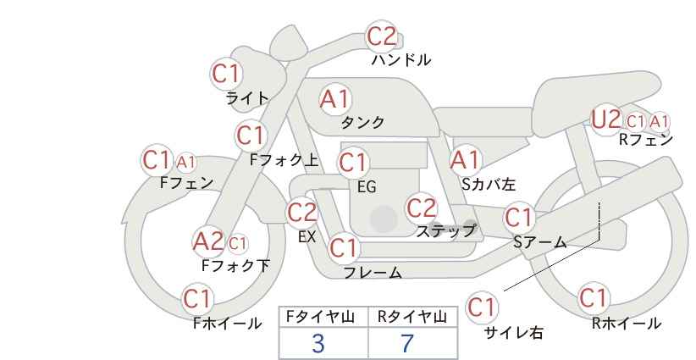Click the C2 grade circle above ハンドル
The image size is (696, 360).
point(381,36)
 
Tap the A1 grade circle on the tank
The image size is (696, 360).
point(334,99)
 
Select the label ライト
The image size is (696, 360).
point(246,98)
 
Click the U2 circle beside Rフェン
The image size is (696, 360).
point(606,119)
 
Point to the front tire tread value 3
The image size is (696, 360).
point(318,343)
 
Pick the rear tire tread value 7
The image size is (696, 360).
point(407,343)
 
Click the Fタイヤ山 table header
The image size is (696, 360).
point(319,317)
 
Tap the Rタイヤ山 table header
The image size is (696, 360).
point(412,317)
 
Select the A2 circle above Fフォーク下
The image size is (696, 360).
point(207,242)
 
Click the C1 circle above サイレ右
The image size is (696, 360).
point(482,307)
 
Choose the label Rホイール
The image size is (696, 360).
point(626,323)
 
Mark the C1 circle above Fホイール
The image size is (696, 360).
point(198,299)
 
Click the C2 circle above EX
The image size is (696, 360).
point(302,212)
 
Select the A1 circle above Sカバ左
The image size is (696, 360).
point(465,159)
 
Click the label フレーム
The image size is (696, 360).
point(372,273)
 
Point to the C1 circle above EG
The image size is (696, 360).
point(353,161)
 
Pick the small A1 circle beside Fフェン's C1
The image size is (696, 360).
point(186,161)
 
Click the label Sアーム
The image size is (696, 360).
point(539,242)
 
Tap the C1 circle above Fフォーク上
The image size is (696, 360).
point(251,135)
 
